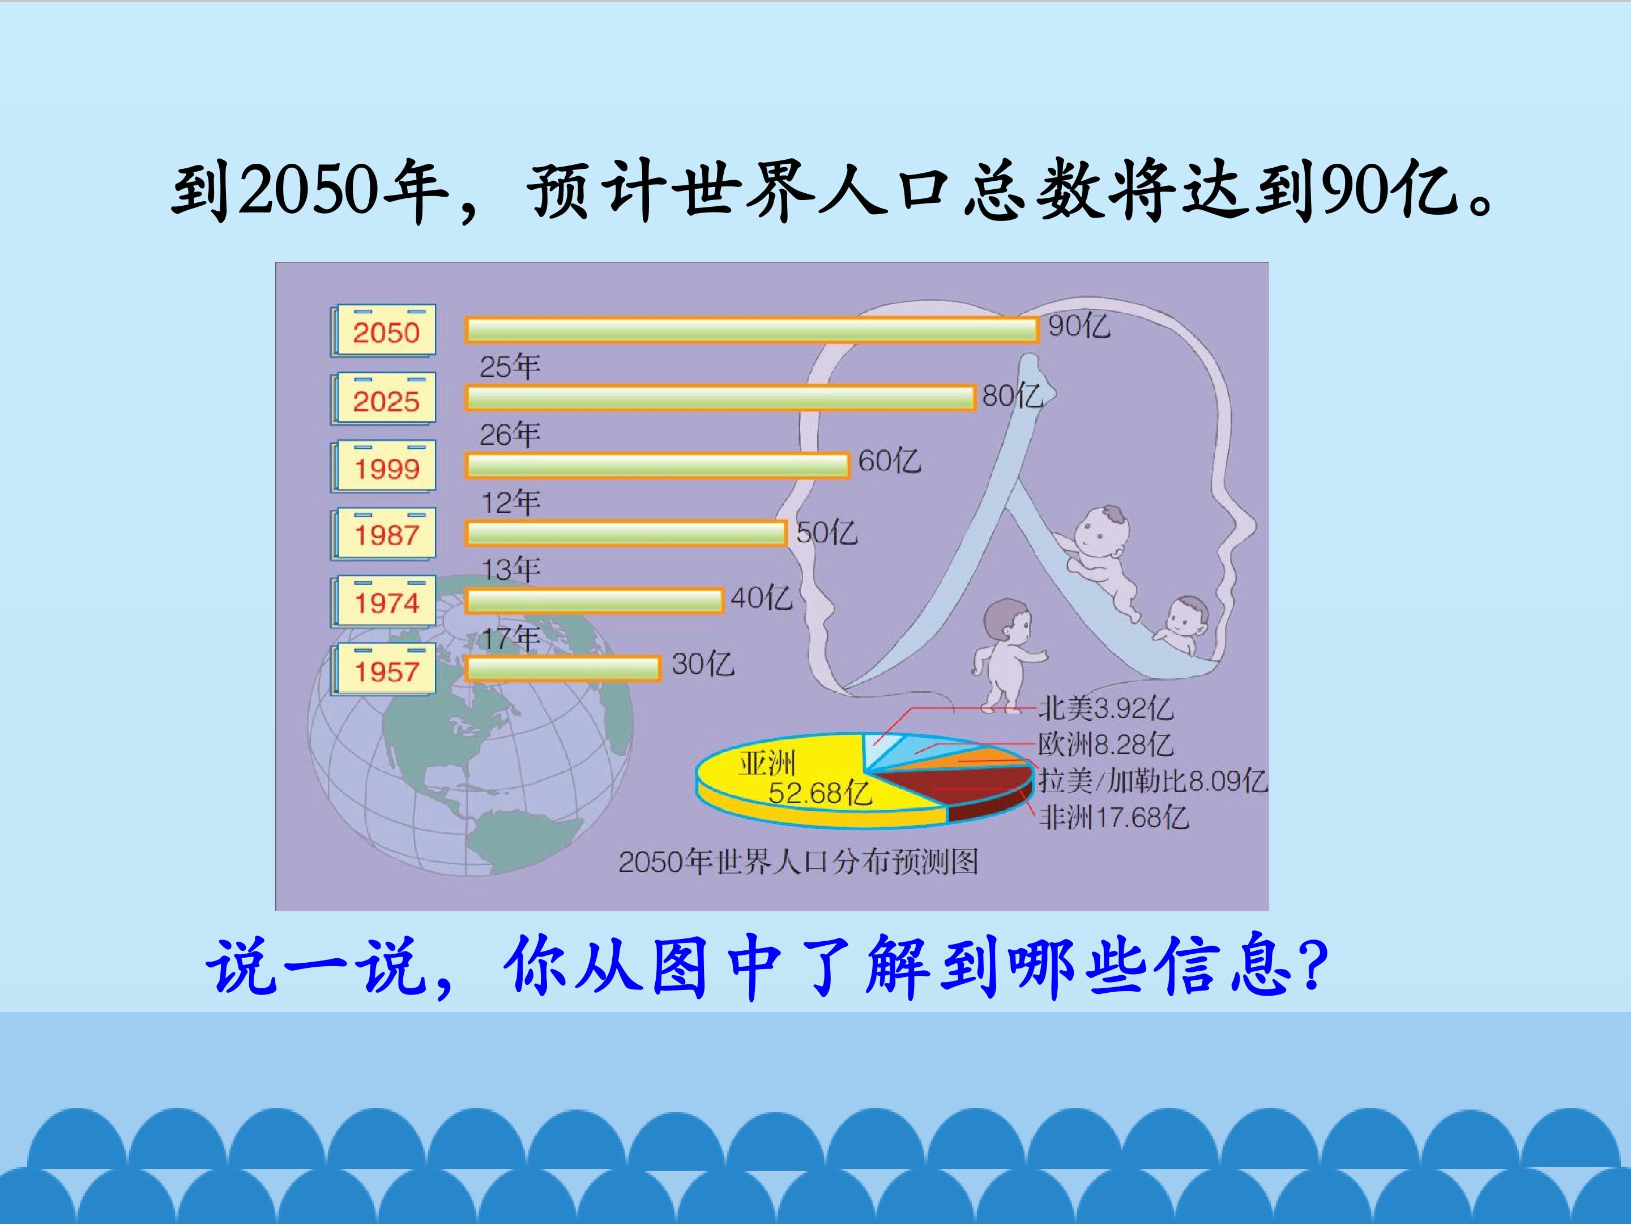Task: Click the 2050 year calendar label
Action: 383,330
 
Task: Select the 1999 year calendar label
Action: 383,466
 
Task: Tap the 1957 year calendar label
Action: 383,669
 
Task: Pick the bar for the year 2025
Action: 720,398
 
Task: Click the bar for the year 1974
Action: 594,601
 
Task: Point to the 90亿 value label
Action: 1079,325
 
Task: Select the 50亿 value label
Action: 827,532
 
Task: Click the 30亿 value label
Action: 703,664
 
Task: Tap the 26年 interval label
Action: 510,434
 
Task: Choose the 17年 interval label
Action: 510,638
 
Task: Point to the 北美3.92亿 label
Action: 1104,708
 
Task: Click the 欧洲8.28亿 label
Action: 1104,745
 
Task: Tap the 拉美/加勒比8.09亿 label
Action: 1152,781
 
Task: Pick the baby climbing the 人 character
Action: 1102,561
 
